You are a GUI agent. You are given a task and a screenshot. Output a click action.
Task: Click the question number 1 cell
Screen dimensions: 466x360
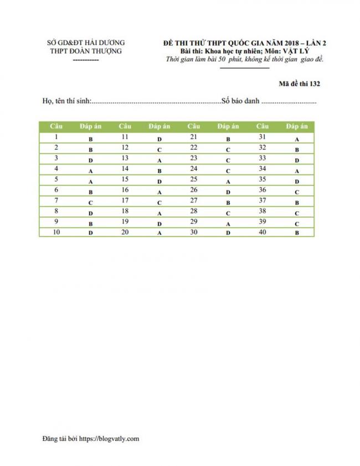click(x=56, y=137)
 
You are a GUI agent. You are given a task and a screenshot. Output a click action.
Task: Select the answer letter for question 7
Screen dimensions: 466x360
click(x=90, y=203)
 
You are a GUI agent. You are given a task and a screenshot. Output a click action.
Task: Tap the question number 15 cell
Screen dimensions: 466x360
click(x=125, y=179)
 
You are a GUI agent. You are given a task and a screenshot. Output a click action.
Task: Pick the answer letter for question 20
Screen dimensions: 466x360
click(x=159, y=233)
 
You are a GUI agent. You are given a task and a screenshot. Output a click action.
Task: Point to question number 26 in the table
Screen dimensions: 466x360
click(x=194, y=190)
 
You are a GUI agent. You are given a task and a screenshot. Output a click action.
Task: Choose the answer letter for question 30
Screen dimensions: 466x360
click(x=228, y=233)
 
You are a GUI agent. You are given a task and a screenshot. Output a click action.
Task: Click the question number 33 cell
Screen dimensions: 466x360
click(x=263, y=158)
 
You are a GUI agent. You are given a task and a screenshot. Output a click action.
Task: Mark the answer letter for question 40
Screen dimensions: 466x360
click(x=297, y=233)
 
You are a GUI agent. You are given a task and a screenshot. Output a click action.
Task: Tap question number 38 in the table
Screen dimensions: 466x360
click(x=263, y=211)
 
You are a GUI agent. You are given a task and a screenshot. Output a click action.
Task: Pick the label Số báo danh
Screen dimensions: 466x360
click(x=240, y=102)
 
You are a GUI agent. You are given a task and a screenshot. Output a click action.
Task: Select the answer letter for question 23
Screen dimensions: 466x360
click(x=228, y=160)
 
